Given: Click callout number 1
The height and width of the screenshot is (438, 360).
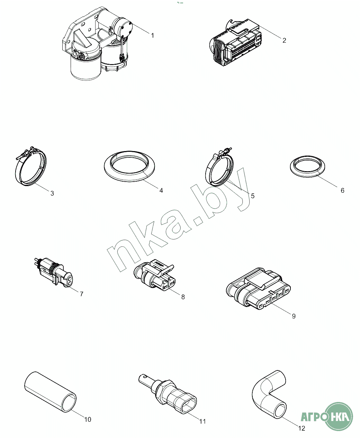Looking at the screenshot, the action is (153, 35).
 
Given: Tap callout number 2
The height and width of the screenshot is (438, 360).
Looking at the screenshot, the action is (284, 40).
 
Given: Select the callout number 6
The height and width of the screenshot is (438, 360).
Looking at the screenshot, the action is (342, 190).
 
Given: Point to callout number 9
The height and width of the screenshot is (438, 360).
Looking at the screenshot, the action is (294, 316).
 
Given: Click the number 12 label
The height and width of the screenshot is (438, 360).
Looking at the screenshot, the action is (302, 428).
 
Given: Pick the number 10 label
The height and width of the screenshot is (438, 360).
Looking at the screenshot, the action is (88, 419).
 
